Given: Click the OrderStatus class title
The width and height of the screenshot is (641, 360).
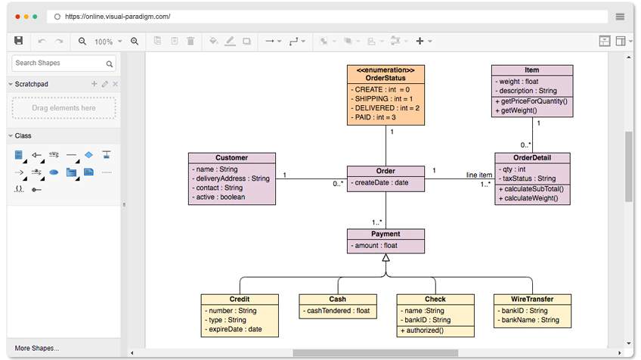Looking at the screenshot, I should [386, 78].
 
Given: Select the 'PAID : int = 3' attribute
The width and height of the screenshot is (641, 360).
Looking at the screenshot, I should [374, 117].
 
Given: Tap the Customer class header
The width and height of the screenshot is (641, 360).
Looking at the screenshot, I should [231, 158].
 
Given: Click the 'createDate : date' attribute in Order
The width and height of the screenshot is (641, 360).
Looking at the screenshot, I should [381, 182].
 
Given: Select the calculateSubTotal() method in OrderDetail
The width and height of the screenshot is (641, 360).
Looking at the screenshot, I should [529, 188].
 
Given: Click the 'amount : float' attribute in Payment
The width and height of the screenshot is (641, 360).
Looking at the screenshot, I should [375, 246].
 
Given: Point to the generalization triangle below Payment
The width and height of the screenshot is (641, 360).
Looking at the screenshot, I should [386, 258].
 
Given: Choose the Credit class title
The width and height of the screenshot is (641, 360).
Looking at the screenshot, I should [239, 299].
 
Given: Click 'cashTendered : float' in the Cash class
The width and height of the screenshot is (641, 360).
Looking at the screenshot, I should [337, 310].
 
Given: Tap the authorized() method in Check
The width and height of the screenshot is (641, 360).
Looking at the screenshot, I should [423, 331].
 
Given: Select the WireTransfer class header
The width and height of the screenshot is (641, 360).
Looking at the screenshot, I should [531, 299].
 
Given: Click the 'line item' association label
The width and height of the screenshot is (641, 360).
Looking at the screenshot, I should [478, 175].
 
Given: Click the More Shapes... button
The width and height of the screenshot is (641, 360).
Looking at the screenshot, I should [36, 348].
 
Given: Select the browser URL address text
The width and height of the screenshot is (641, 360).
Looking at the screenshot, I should [117, 16].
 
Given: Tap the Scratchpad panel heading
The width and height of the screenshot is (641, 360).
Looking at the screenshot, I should [32, 84].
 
